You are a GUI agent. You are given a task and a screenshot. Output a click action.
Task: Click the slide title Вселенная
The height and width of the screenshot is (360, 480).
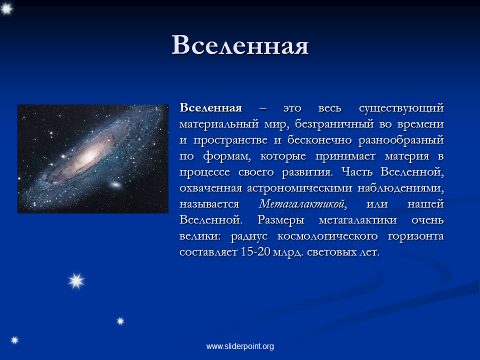pos(240,45)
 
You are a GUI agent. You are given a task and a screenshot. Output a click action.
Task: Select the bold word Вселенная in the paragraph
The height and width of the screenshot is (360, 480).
pos(211,108)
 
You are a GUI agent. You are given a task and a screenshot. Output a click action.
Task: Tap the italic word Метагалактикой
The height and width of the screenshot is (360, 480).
pos(303,204)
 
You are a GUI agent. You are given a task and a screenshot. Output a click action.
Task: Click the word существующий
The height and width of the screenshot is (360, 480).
pos(401,108)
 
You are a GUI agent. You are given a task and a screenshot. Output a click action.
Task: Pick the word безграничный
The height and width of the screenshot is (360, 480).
pos(334,124)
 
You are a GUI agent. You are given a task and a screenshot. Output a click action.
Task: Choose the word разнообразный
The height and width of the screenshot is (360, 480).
pos(401,140)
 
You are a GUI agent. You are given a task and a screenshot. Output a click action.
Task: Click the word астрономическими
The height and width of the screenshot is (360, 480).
pos(299,188)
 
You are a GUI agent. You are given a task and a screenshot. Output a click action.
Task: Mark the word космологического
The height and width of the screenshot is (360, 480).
pos(327,236)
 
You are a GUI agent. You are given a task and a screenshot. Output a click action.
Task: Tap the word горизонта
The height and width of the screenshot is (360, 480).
pos(416,236)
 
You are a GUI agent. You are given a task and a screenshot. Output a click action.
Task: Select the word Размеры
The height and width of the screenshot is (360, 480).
pos(281,220)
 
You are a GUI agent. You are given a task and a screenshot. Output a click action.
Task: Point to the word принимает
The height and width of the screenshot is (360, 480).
pos(345,156)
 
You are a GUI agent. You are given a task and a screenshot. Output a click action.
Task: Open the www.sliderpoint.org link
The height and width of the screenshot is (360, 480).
pos(240,346)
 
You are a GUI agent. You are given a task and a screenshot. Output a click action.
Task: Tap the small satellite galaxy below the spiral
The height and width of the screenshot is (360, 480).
pos(115,184)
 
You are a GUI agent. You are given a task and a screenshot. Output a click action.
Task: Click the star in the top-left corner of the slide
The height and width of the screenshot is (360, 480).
pos(6,8)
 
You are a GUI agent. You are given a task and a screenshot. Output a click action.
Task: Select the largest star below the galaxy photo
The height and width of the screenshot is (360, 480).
pos(76,281)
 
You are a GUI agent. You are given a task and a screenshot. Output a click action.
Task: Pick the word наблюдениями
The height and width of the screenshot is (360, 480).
pos(400,188)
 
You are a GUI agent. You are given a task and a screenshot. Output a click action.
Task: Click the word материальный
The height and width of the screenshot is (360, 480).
pos(219,124)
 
